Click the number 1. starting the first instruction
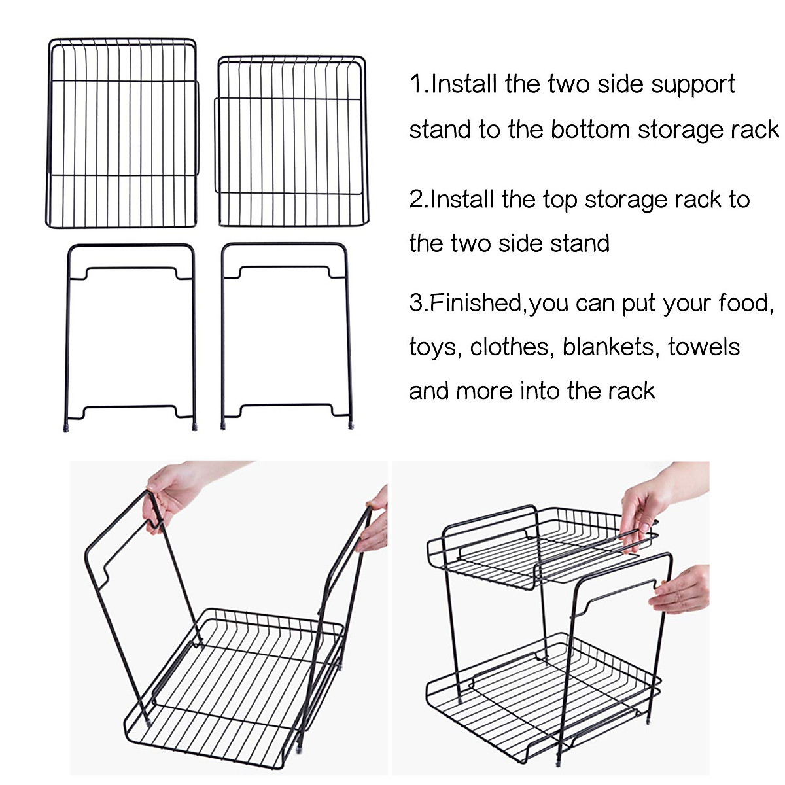419,85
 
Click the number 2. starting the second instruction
419,200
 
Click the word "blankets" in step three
609,347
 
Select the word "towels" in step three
704,347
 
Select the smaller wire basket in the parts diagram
292,141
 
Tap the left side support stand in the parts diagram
130,337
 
